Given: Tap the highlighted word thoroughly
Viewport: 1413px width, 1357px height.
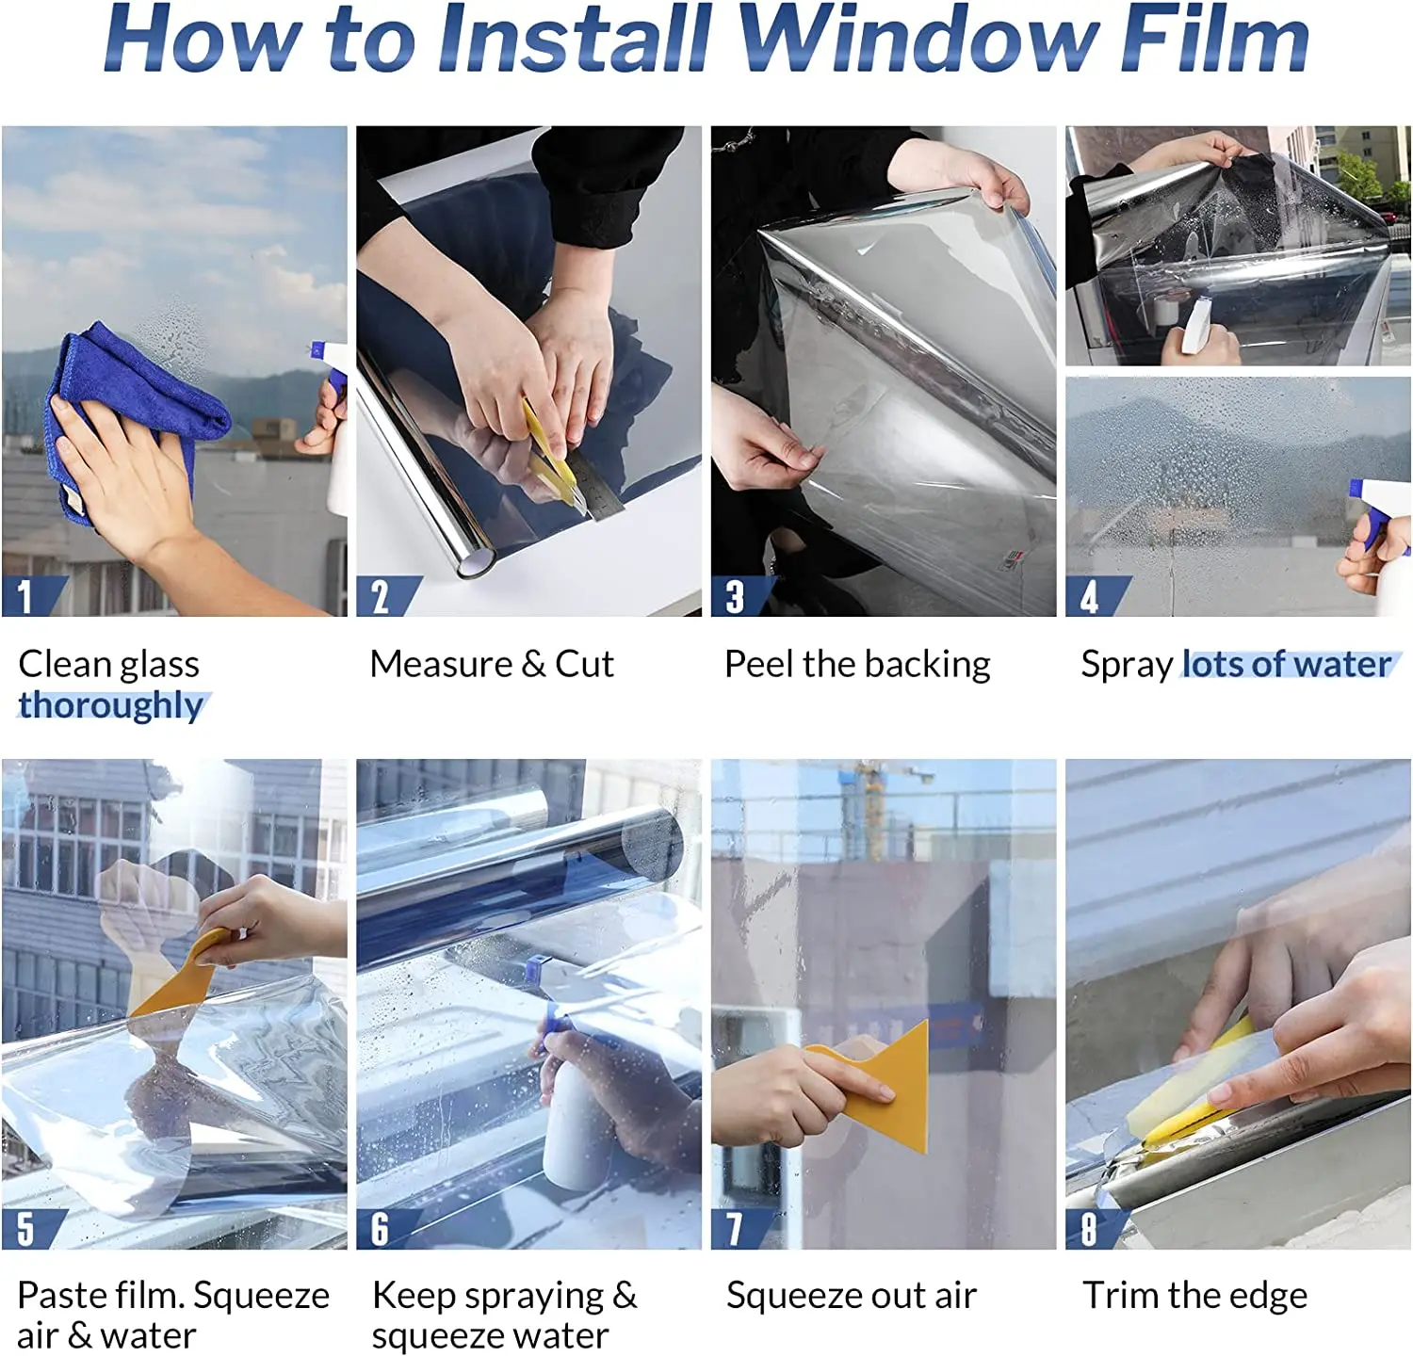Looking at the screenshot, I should point(111,705).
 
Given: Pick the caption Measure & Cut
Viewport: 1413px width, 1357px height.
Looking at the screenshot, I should point(491,665).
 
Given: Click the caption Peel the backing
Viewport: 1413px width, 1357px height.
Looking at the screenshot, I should point(856,665).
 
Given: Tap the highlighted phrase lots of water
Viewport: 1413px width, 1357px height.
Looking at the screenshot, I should point(1287,665).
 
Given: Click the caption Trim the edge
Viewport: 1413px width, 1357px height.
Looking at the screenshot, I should point(1194,1296).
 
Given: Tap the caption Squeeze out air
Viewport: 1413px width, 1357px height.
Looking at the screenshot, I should point(851,1296).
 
